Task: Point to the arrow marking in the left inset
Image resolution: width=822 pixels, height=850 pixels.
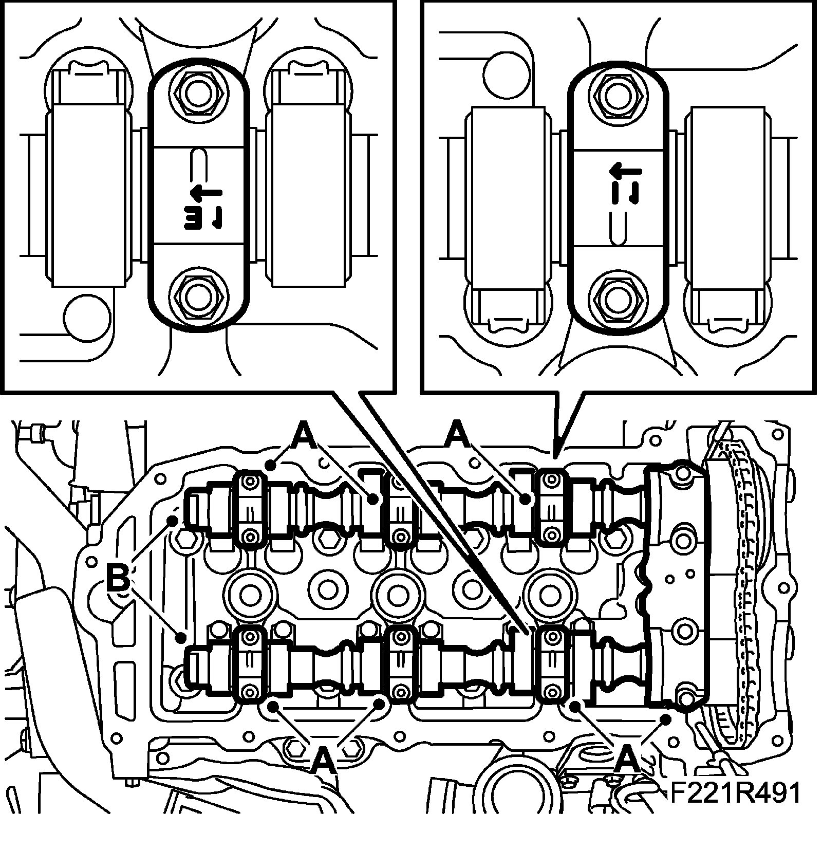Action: [x=206, y=193]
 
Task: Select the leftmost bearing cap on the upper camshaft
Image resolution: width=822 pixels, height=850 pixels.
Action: [x=250, y=508]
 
